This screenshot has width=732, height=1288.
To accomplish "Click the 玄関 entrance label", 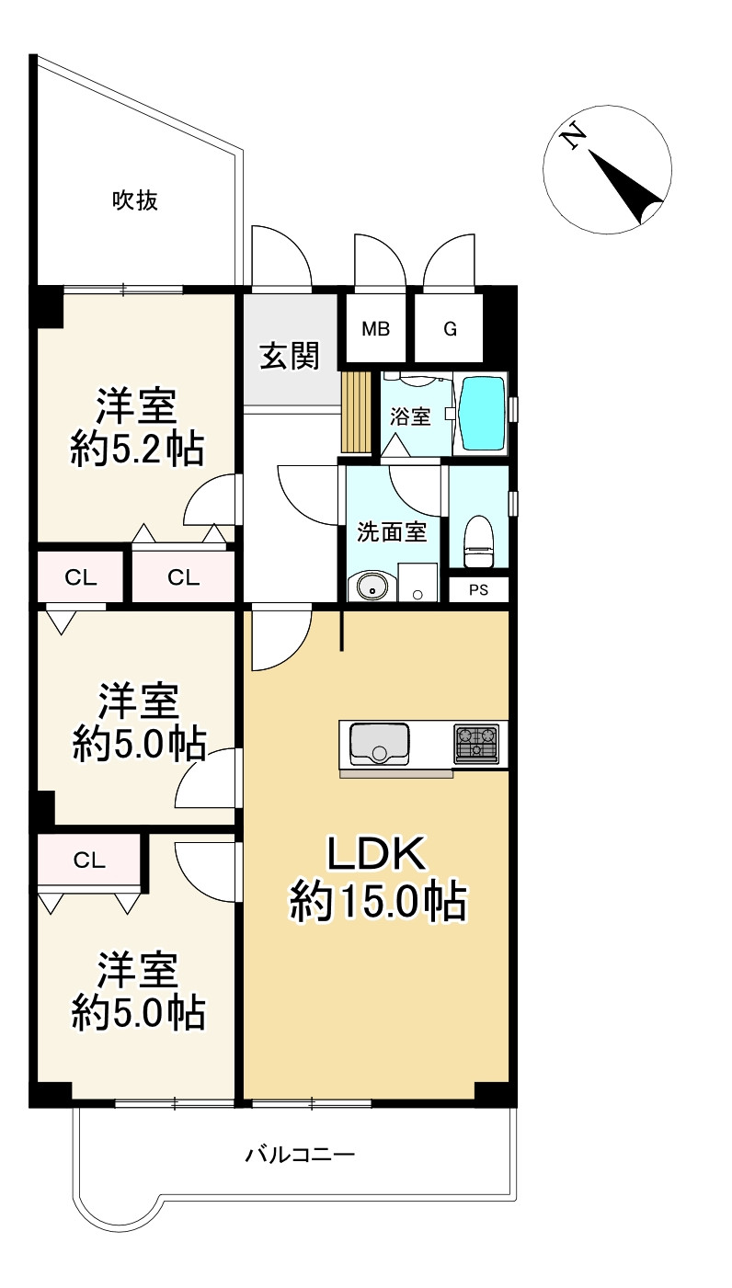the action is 290,356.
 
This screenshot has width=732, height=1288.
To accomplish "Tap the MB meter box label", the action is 375,329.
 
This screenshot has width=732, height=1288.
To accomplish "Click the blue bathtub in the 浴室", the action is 483,413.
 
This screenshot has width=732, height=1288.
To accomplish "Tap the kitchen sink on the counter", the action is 380,744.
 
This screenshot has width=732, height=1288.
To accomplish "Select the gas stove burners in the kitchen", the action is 476,743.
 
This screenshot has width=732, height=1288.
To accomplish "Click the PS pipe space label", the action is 478,589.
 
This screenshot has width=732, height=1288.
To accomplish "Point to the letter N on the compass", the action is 573,138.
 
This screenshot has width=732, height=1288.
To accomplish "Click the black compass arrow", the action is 625,187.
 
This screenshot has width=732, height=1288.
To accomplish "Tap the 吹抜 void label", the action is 134,200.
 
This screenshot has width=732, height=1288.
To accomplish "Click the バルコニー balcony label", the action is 300,1154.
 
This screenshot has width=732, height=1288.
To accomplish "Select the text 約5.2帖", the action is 137,449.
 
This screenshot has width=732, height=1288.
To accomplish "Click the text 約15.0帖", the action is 378,902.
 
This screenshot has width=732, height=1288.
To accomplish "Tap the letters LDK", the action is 377,853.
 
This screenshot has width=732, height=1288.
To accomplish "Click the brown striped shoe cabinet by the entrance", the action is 356,412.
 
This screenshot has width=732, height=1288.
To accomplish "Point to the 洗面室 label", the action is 392,532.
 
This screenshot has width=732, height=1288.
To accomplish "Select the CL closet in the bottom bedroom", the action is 88,861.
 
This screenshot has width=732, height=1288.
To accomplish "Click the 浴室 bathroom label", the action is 410,416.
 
